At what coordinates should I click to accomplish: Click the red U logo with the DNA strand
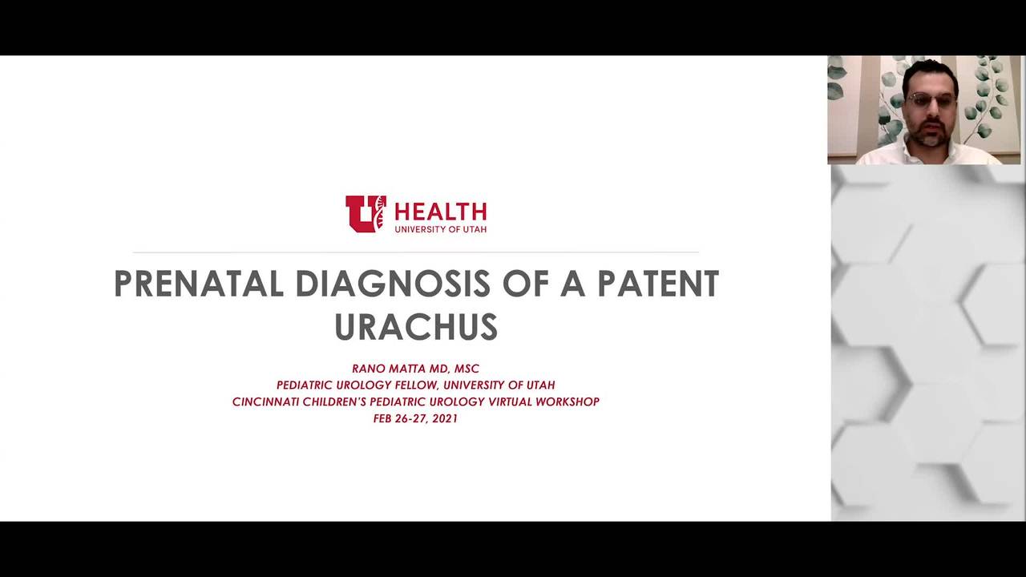click(366, 214)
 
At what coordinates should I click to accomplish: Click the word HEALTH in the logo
click(440, 212)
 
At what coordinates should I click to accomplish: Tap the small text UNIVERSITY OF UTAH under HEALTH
click(440, 229)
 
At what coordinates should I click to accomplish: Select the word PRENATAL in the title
click(199, 284)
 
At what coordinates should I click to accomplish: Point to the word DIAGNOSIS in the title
click(393, 284)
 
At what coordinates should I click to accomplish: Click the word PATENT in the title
click(658, 284)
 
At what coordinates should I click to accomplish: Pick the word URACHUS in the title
click(416, 327)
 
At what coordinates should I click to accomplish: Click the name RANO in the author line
click(369, 369)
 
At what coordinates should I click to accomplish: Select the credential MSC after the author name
click(467, 369)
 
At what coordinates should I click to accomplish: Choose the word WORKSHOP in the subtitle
click(568, 401)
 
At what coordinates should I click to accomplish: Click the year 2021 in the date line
click(445, 418)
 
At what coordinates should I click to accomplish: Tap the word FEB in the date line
click(382, 418)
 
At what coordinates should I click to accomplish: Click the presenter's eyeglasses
click(931, 100)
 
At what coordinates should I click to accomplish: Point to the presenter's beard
click(930, 134)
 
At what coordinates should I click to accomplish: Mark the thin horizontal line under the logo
click(416, 252)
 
